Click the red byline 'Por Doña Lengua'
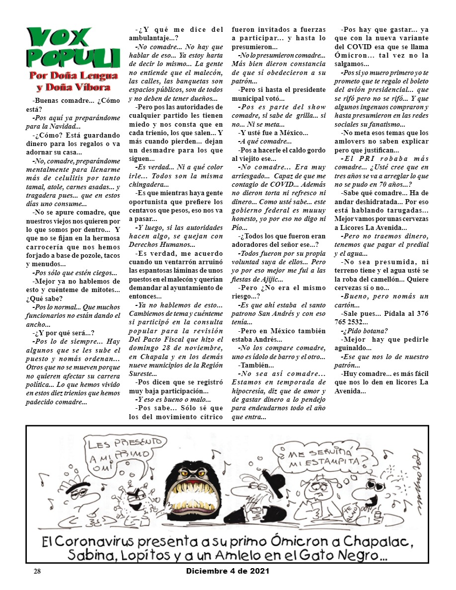coord(73,76)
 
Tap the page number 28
coord(37,571)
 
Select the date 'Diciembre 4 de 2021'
coord(228,571)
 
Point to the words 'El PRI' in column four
coord(359,158)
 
